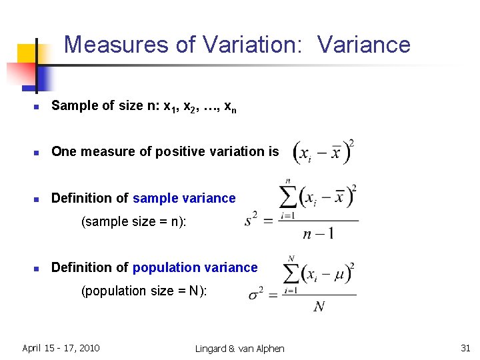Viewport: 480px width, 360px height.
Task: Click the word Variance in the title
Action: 364,45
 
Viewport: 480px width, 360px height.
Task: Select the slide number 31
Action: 465,348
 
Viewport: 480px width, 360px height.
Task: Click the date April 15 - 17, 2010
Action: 61,348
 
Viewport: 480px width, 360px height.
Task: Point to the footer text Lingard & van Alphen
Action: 239,349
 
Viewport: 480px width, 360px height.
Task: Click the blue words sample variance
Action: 184,198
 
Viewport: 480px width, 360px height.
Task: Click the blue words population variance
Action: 195,267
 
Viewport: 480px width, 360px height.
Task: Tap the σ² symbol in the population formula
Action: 256,294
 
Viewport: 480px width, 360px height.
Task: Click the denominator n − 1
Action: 318,233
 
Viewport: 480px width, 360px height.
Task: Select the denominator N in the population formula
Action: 319,306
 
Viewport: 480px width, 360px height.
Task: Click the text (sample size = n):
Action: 134,221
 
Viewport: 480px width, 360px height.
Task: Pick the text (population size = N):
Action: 144,291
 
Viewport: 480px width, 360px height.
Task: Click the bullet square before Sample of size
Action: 38,106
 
